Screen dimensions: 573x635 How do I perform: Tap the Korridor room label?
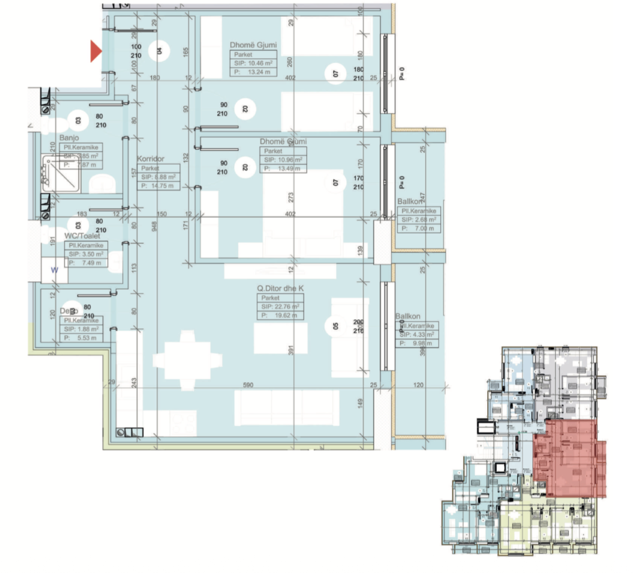click(x=150, y=159)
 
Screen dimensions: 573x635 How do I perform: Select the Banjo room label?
click(x=68, y=138)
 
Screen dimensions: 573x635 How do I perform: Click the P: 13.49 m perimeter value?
click(x=283, y=168)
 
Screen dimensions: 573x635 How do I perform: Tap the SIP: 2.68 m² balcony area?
click(x=419, y=220)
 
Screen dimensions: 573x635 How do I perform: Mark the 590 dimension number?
click(x=248, y=386)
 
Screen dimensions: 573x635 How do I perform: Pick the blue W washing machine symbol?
click(x=54, y=270)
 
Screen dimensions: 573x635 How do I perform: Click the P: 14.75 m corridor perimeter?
click(x=159, y=185)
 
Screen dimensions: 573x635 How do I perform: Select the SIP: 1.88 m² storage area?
click(x=81, y=329)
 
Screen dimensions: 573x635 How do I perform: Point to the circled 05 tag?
click(x=335, y=326)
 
